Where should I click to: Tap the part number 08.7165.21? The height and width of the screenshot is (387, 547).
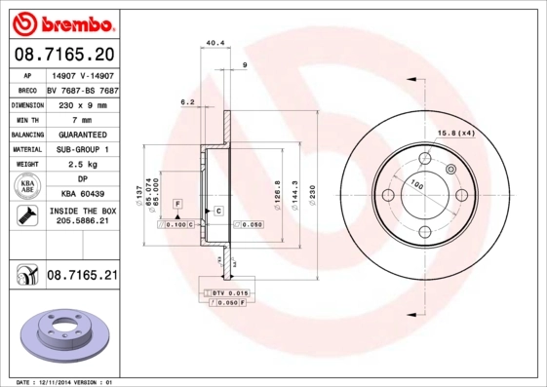click(81, 277)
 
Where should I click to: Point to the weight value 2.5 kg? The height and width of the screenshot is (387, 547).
click(81, 165)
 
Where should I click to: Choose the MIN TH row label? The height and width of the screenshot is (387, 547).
click(26, 119)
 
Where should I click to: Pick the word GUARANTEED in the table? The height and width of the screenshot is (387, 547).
click(81, 135)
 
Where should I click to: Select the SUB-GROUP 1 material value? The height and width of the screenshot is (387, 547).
click(81, 149)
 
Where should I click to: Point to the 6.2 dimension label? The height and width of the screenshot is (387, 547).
click(187, 101)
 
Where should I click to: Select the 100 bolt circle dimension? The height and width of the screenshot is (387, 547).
click(417, 184)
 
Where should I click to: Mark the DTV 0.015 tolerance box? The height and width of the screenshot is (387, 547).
click(230, 292)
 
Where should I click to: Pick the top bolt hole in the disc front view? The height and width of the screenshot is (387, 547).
click(425, 160)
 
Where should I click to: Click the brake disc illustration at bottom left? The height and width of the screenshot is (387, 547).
click(60, 336)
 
